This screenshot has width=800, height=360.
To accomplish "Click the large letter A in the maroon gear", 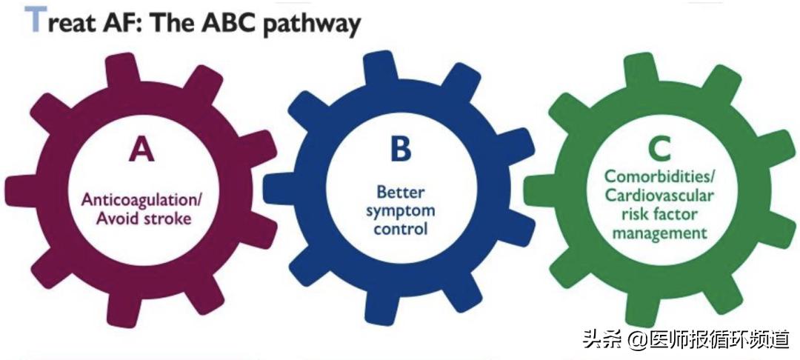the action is click(141, 149).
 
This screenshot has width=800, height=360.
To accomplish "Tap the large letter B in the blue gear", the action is click(401, 148).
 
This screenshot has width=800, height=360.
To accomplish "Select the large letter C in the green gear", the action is click(659, 149).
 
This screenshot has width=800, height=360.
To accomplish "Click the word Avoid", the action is click(117, 219).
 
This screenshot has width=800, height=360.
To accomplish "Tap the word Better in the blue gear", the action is click(401, 192).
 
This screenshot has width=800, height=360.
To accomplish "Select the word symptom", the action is click(401, 210).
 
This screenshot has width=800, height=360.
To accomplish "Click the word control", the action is click(401, 228).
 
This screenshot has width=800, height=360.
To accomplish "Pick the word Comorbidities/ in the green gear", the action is click(659, 178).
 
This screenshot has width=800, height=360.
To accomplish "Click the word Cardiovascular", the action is click(659, 196).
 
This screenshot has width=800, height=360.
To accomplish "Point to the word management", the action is click(659, 233).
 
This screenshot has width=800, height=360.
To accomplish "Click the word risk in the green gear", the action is click(635, 214).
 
